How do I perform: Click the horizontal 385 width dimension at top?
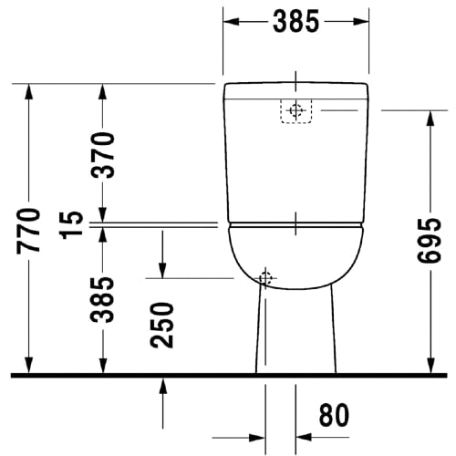(x=295, y=23)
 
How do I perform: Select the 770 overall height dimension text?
(x=28, y=230)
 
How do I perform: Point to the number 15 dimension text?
(x=77, y=219)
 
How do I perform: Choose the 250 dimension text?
(x=162, y=326)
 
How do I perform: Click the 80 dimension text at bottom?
(x=334, y=415)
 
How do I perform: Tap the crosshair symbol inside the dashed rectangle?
(x=294, y=110)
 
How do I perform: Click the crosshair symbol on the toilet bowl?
(x=265, y=277)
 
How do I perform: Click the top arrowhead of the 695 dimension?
(x=430, y=117)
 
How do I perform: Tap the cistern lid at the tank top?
(x=296, y=89)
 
